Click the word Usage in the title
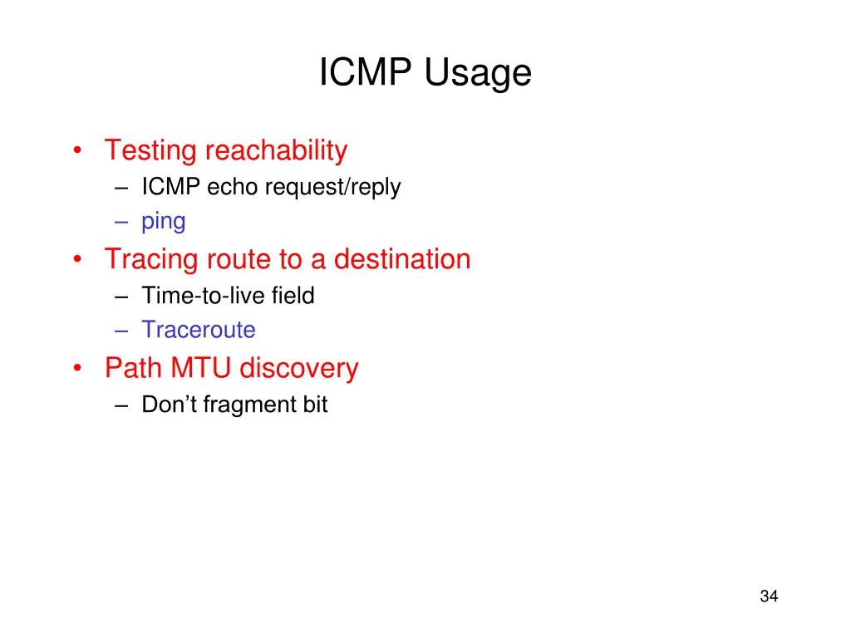[x=477, y=75]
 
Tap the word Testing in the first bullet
[x=150, y=151]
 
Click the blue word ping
[x=164, y=223]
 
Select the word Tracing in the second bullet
[x=151, y=260]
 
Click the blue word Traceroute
[x=199, y=330]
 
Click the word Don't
[x=169, y=405]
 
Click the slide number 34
[x=769, y=596]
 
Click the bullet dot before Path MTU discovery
[x=77, y=368]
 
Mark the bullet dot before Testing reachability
[x=77, y=151]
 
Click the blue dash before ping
[x=123, y=222]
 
